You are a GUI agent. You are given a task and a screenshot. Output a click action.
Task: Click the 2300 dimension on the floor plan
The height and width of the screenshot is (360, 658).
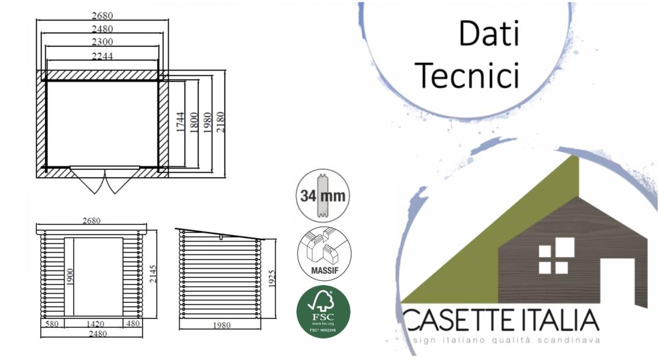tap(102, 42)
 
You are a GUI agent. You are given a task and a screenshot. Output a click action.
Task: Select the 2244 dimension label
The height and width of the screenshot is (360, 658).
tap(102, 55)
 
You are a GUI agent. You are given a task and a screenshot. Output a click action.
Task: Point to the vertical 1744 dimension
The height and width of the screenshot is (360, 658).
tap(180, 124)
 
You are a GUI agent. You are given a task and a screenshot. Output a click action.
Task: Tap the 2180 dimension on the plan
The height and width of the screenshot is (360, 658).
tap(222, 124)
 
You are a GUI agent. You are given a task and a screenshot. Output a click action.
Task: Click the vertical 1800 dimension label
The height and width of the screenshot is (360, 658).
tap(194, 124)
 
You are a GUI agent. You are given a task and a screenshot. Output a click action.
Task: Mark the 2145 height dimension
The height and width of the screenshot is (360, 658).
tap(152, 276)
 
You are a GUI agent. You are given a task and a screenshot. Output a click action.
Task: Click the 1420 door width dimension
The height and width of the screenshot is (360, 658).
tap(97, 325)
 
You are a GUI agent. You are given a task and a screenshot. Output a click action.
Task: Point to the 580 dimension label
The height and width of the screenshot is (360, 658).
tap(52, 325)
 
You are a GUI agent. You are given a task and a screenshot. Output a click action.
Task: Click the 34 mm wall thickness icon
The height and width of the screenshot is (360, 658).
tap(323, 196)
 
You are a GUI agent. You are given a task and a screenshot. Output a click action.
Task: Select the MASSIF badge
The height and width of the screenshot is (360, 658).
tap(323, 253)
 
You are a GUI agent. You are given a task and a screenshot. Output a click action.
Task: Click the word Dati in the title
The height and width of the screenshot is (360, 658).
tap(489, 34)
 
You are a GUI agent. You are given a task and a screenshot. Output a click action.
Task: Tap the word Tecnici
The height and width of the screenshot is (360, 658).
tap(470, 77)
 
